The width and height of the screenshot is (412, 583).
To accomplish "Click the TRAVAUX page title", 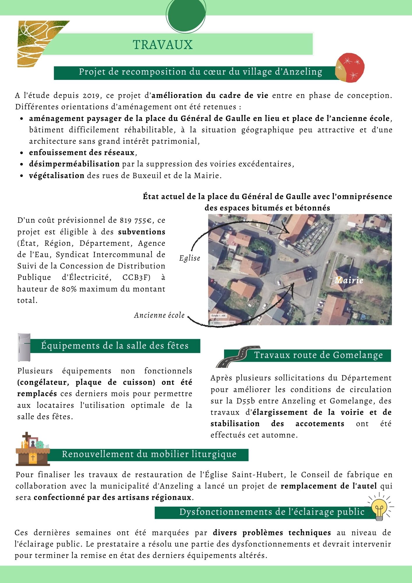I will (x=163, y=45).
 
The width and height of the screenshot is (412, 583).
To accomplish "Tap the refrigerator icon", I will (x=24, y=347).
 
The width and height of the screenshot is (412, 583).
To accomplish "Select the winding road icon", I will (x=238, y=357).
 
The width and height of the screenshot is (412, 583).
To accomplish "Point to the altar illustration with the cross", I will (x=33, y=449).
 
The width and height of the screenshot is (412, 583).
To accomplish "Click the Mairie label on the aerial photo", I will (x=349, y=280).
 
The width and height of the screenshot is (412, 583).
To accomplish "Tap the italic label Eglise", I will (x=190, y=258).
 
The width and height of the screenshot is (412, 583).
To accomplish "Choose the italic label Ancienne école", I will (x=159, y=315).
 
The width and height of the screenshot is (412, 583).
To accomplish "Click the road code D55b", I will (x=246, y=401).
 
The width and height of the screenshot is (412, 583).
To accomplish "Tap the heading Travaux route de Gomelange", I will (x=318, y=355).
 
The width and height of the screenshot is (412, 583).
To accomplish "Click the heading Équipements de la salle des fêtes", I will (x=115, y=346).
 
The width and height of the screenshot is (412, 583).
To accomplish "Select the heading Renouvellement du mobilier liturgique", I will (x=149, y=454).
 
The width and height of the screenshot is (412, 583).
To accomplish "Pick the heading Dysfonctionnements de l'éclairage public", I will (x=272, y=512).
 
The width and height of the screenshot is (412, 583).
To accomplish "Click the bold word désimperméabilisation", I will (x=74, y=164).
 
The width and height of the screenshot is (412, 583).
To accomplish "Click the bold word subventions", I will (x=142, y=232).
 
